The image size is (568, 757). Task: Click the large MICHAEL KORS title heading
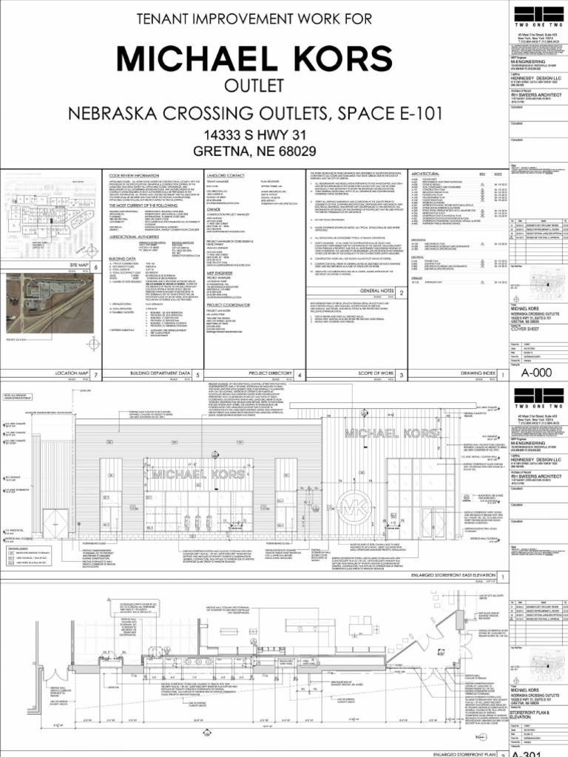[254, 58]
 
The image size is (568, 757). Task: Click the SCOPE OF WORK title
[373, 375]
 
